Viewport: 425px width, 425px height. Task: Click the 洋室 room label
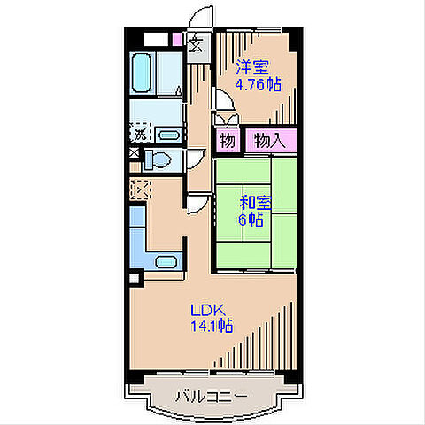point(252,67)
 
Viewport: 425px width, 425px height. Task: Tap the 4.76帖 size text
point(258,85)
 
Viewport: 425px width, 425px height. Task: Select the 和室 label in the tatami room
point(256,203)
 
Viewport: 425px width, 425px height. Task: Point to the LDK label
point(208,311)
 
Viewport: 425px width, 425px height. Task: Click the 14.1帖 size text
point(212,327)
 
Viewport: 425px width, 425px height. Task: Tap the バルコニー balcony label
point(212,397)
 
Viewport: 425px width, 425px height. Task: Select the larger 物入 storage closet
point(271,141)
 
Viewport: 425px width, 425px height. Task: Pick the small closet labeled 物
point(228,141)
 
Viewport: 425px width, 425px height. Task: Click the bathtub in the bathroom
point(142,73)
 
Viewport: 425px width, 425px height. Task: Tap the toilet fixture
point(158,160)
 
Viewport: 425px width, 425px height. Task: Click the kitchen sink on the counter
point(166,262)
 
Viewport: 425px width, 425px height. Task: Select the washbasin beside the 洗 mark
point(169,135)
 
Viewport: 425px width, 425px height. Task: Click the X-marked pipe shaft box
point(135,153)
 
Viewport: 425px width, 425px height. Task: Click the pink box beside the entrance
point(177,40)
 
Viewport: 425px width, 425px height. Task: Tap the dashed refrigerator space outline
point(141,189)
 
